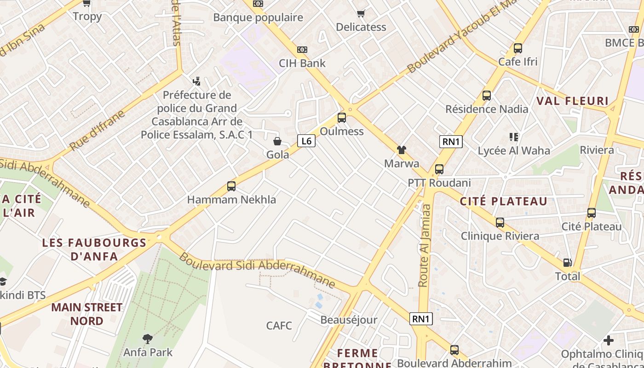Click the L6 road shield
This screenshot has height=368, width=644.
point(306,141)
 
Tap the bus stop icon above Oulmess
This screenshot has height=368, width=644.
point(342,118)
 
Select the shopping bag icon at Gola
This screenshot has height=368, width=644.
point(277,141)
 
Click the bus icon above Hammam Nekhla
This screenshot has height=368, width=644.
point(231,186)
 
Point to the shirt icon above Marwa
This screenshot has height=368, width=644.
point(402,150)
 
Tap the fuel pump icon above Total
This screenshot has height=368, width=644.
point(568,263)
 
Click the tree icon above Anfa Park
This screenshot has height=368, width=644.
point(148,339)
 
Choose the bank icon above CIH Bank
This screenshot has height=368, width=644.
point(302,50)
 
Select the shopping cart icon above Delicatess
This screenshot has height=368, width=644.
point(361,13)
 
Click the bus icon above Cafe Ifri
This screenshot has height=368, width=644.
point(518,48)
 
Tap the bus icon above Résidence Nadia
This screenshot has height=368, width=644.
point(487,96)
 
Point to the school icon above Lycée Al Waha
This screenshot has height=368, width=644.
point(514,137)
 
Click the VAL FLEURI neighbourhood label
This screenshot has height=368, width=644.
point(572,101)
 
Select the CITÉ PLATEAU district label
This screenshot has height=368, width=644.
point(504,201)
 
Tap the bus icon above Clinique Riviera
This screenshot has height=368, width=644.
point(500,223)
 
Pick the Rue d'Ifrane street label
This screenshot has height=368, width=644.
point(97,130)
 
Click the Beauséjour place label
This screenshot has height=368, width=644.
point(349,320)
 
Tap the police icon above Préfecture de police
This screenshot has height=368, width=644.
point(197,81)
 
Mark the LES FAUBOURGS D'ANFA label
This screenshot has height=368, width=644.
point(94,249)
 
